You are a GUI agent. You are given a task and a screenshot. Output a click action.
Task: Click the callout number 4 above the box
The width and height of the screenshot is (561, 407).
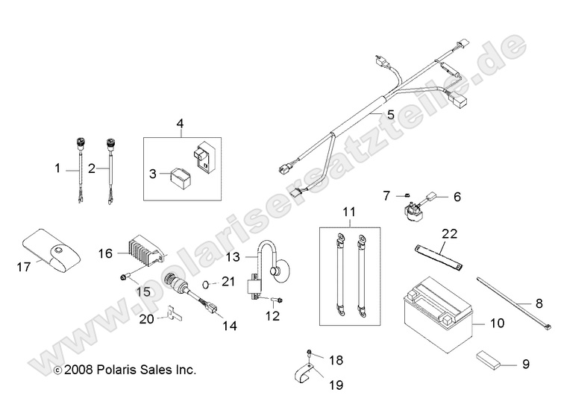click(x=180, y=122)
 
